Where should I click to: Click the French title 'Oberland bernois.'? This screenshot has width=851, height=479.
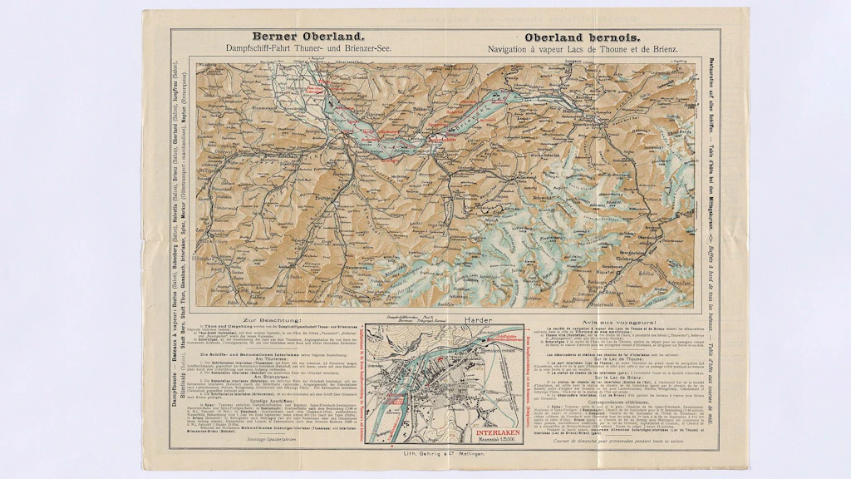(582, 37)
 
